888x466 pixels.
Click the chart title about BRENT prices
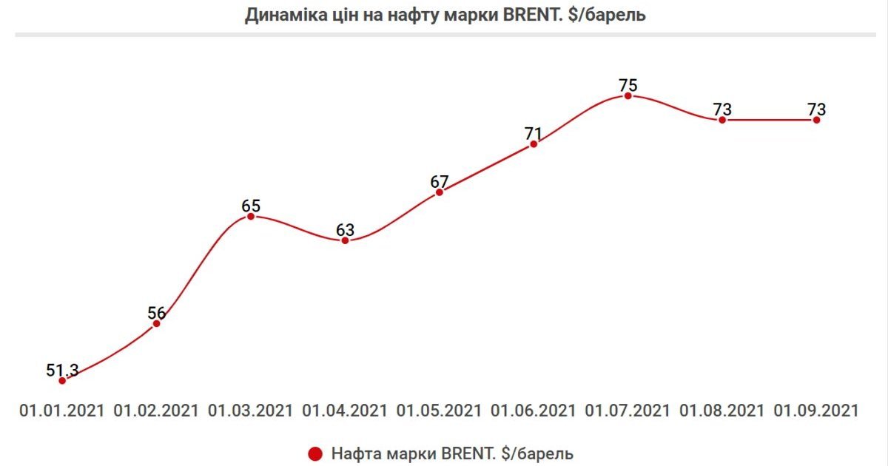point(445,16)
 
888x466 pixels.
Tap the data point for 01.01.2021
point(62,380)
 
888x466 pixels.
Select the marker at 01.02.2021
point(156,323)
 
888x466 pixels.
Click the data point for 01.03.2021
point(251,216)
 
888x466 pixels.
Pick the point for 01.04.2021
point(345,240)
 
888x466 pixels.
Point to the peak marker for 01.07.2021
point(628,95)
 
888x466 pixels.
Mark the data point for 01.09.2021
point(816,120)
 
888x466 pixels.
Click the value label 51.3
point(62,369)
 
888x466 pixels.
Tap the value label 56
point(156,313)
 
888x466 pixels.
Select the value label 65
point(251,205)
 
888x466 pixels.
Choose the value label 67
point(440,181)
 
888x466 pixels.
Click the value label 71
point(534,134)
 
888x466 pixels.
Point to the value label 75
point(628,84)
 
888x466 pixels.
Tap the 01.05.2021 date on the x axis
point(440,411)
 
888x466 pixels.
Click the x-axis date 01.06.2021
point(534,411)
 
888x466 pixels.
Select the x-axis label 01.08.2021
point(722,411)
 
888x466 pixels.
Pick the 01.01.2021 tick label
point(62,411)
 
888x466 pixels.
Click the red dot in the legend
point(316,453)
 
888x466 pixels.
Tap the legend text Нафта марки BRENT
point(452,453)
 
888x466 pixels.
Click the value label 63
point(345,230)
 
